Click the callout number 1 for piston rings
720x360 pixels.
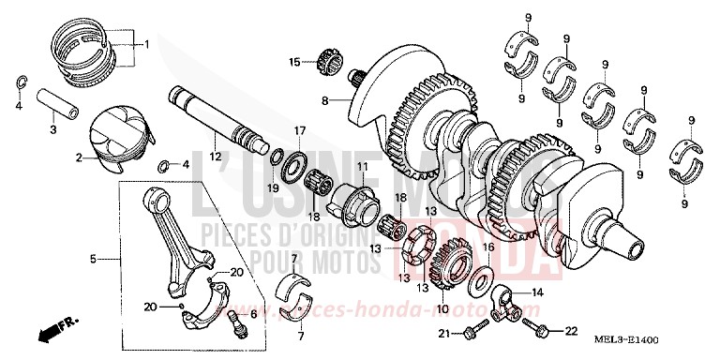[145, 44]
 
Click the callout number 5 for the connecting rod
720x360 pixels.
[93, 258]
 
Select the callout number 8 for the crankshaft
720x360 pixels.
[325, 100]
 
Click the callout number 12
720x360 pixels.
[215, 156]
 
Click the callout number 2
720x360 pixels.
[81, 158]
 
